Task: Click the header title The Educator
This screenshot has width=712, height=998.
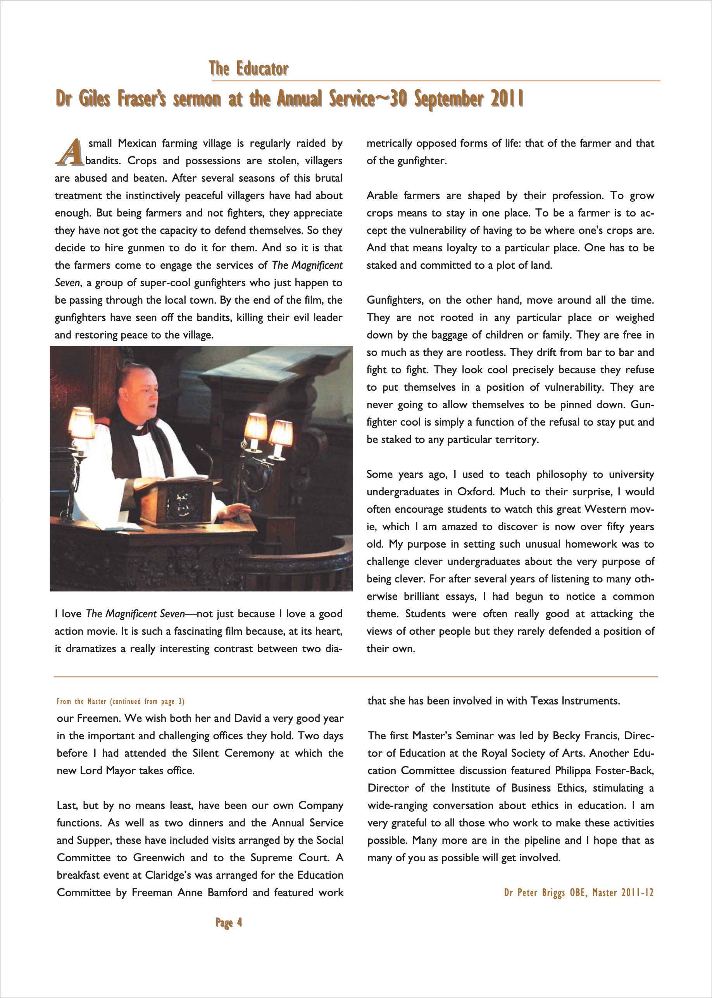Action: click(248, 69)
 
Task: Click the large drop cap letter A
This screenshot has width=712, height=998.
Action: click(69, 153)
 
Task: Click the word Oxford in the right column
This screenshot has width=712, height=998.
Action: click(475, 491)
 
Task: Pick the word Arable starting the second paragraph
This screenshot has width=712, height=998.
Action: click(381, 196)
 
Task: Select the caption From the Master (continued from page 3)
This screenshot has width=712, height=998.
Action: click(121, 701)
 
